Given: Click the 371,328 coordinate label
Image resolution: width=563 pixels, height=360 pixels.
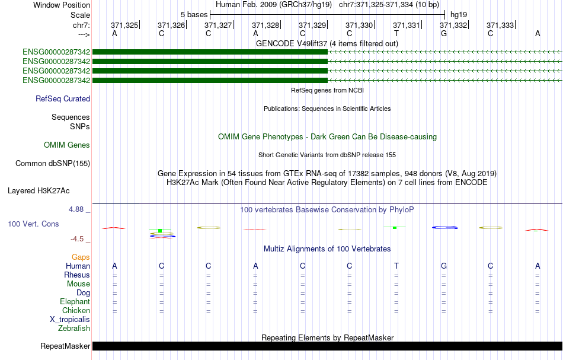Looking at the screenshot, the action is (265, 25).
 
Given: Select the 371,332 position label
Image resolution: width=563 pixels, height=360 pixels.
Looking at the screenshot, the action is (453, 25).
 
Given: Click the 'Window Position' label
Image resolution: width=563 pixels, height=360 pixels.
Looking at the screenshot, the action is (62, 5).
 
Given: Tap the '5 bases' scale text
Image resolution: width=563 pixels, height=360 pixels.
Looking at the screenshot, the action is (194, 15).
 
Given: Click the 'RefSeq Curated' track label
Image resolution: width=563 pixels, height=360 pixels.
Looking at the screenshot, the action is (63, 99).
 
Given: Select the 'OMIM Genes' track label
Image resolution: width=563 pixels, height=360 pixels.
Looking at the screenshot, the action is (67, 145).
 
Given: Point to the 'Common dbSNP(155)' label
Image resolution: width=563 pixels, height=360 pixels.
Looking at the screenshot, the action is (53, 164).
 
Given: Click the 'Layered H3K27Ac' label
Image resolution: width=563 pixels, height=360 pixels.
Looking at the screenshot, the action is (39, 191).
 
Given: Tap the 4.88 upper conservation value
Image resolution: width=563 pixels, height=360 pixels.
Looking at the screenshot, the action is (76, 209).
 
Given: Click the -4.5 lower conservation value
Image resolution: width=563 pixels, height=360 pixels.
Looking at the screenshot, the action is (77, 239).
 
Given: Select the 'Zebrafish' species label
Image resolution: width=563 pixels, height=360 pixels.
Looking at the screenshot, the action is (74, 329).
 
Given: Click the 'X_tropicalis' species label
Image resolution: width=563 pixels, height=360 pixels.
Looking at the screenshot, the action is (70, 320).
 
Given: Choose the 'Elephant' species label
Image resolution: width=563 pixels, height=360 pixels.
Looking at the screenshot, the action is (75, 302).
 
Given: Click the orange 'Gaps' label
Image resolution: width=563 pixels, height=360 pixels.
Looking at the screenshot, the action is (81, 257).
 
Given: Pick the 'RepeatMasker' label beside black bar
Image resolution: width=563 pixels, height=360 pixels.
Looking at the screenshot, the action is (65, 346).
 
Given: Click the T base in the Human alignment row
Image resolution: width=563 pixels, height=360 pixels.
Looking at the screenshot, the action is (396, 266).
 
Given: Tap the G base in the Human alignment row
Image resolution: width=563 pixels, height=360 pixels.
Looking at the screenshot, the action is (444, 266).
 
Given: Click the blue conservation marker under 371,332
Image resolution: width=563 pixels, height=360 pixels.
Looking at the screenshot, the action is (444, 227).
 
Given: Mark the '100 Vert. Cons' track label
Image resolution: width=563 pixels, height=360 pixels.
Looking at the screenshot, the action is (33, 224).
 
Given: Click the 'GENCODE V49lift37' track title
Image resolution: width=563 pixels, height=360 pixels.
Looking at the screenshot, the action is (292, 43).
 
